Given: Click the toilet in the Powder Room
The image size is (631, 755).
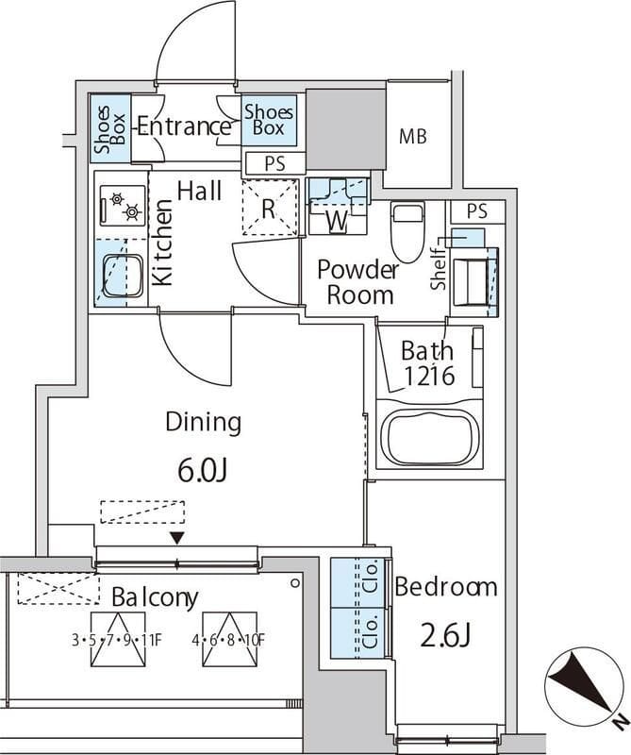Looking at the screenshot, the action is pos(408,231).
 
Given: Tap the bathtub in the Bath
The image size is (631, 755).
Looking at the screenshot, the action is pos(429,439).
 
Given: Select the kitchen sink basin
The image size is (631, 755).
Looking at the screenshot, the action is pos(123,276).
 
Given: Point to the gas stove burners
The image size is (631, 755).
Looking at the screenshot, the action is pos(124,205).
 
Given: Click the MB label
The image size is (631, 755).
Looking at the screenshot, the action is pos(413,137).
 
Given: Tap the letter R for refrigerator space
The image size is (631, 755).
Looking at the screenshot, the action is pos(269,209).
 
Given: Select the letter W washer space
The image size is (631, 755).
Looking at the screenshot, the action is pos(337,222).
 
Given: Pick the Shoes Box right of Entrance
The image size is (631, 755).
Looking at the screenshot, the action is pos(268,120).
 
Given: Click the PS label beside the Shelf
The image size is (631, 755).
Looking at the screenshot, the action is pos(477,211).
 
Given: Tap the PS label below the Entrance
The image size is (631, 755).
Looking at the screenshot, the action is pos(274,163).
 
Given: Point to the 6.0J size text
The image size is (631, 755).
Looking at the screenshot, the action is pos(202,470).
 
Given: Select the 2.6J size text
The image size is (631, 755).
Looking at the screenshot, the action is pos(445,635).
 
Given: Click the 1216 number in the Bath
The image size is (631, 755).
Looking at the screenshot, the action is pos(429,376).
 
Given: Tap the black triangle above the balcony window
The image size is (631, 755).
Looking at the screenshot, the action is pos(177,538).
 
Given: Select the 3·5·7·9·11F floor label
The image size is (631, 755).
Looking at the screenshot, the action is pos(117,641).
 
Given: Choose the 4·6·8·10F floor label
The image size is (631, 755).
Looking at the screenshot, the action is pos(228,641).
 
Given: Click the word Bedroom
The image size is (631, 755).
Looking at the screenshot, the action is pos(446,587).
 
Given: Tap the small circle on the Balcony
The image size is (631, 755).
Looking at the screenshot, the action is pos(295,583).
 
